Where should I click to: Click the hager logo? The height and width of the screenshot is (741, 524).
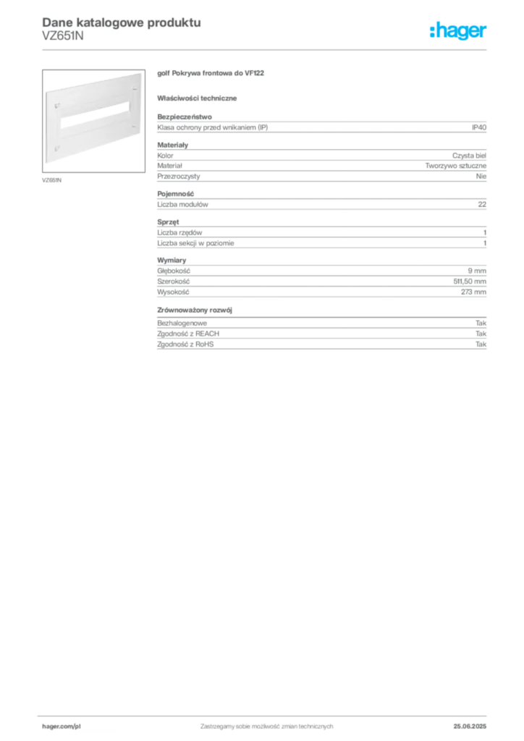[457, 30]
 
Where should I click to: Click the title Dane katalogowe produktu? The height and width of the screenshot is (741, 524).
[122, 22]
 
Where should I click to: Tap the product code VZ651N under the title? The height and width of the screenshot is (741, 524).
[63, 35]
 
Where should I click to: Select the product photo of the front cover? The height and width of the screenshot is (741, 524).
[93, 121]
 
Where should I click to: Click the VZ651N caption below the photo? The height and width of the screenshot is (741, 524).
[51, 180]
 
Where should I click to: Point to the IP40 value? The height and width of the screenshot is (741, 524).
[478, 127]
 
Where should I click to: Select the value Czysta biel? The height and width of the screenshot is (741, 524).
[469, 156]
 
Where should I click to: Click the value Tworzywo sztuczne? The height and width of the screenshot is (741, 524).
[455, 166]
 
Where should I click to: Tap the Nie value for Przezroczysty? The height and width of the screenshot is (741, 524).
[481, 177]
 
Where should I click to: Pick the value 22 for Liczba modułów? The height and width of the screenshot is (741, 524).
[482, 204]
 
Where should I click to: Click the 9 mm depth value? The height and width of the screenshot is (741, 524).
[477, 271]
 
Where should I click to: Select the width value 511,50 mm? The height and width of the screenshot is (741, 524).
[470, 281]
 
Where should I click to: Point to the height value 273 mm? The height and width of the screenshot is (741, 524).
[473, 292]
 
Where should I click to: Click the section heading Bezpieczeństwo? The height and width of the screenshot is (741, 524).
[185, 117]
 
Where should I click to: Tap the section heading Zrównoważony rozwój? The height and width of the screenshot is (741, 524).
[195, 310]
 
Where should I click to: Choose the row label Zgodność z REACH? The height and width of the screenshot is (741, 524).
[188, 334]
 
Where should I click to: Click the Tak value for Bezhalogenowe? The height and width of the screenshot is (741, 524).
[481, 323]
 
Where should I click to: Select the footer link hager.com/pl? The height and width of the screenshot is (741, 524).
[62, 727]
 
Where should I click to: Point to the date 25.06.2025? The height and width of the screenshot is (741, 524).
[470, 727]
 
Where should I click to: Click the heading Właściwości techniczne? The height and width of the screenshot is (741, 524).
[197, 98]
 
